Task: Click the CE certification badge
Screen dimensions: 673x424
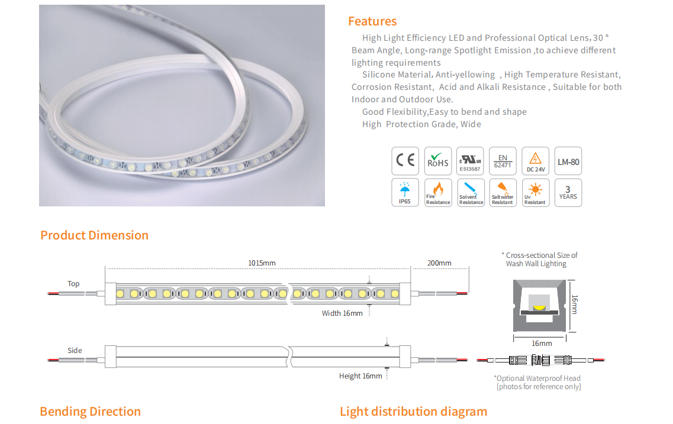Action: click(x=405, y=161)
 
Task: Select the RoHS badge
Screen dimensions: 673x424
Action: click(x=438, y=161)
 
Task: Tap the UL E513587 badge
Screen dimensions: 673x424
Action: click(x=470, y=161)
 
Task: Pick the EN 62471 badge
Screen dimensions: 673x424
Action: click(x=503, y=161)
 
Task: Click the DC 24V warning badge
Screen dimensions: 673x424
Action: click(x=535, y=161)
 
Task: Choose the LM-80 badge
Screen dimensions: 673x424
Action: click(x=568, y=161)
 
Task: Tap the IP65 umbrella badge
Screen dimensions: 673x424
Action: click(x=405, y=193)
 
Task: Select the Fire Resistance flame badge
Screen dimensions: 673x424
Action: click(x=438, y=193)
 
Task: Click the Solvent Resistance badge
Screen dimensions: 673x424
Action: click(x=471, y=193)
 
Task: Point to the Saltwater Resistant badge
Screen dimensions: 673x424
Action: click(x=503, y=193)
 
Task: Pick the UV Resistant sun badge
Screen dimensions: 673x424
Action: click(x=535, y=193)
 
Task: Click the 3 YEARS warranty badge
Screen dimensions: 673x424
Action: click(x=568, y=193)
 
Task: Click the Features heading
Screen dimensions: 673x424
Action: click(x=372, y=21)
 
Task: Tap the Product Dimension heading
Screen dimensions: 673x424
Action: click(x=95, y=235)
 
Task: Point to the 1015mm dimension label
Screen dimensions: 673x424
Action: click(x=262, y=263)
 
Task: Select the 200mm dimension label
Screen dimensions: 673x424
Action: click(x=439, y=263)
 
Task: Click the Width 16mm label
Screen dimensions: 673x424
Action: click(x=342, y=313)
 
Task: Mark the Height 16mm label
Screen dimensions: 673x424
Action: click(x=360, y=376)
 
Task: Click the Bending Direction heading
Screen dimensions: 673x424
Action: click(x=90, y=412)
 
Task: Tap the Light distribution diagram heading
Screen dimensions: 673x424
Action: click(x=413, y=412)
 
